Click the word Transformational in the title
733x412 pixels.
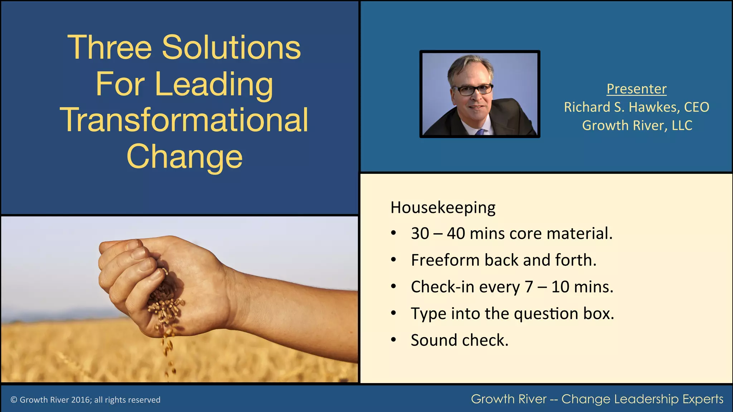coord(184,120)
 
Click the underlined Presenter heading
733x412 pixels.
coord(636,89)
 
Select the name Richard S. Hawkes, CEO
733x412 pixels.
coord(636,107)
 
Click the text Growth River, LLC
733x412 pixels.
coord(637,126)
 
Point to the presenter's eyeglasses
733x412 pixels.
coord(472,90)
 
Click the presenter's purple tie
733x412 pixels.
coord(480,132)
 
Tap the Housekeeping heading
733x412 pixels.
coord(443,207)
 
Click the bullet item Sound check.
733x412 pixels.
coord(459,340)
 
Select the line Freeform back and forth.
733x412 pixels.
coord(503,260)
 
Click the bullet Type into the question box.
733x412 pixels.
coord(512,314)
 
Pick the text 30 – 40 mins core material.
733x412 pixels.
coord(511,234)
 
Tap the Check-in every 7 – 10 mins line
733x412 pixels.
coord(512,287)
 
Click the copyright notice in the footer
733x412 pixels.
coord(86,400)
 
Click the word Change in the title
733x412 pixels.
coord(184,156)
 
